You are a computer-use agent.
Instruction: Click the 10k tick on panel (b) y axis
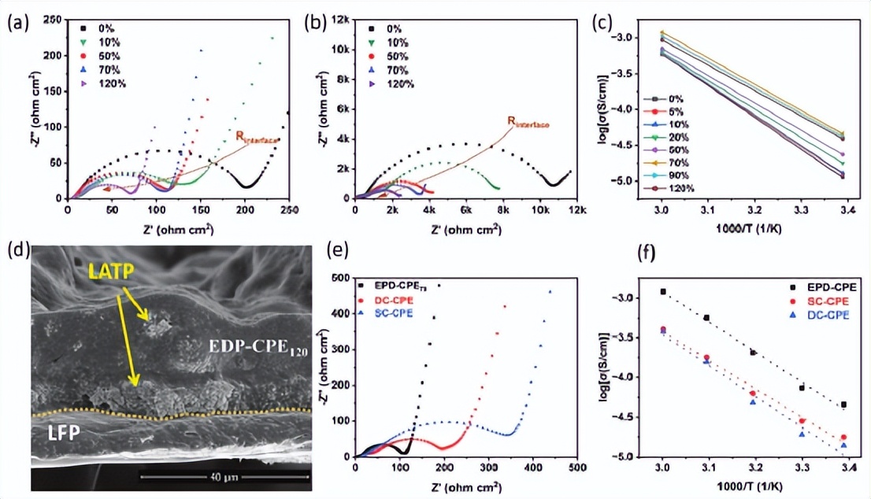click(340, 49)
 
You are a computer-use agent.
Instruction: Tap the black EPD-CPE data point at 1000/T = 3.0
click(663, 291)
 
